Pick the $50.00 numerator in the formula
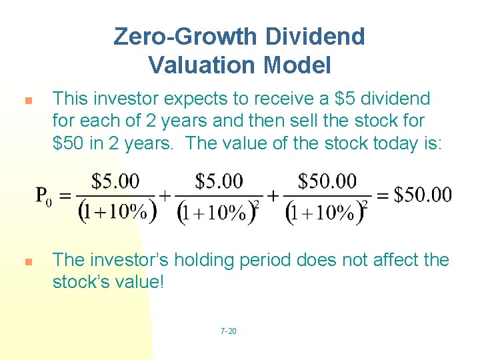pyautogui.click(x=327, y=181)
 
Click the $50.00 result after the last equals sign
pyautogui.click(x=422, y=195)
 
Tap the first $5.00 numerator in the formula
pyautogui.click(x=115, y=181)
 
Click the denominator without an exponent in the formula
pyautogui.click(x=117, y=212)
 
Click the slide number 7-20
pyautogui.click(x=228, y=331)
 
